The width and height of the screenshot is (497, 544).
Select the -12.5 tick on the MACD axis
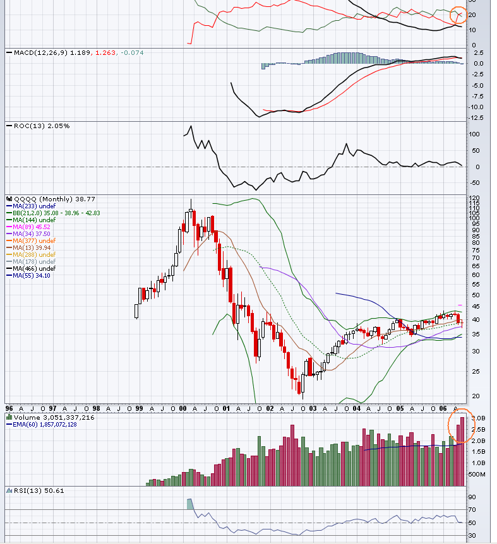477,118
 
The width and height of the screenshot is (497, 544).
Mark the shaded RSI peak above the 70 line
190,504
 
